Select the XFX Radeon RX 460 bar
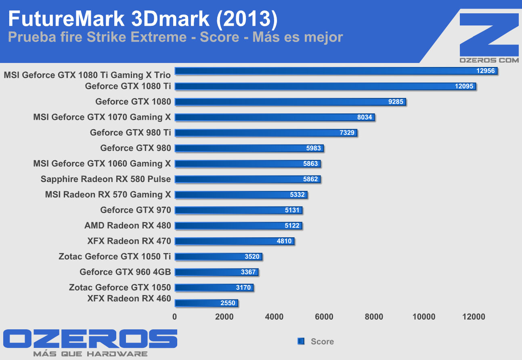point(206,303)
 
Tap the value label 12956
point(486,71)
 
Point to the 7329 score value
point(347,133)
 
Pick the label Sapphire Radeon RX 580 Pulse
point(106,179)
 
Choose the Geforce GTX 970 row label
point(136,210)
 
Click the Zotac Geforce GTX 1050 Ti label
point(115,256)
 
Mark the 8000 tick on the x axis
point(373,317)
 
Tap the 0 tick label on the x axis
point(174,317)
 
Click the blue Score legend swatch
point(301,341)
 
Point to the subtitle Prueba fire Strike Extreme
point(97,38)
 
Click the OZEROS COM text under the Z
point(489,60)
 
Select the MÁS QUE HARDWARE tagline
point(90,354)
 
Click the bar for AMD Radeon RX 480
point(238,226)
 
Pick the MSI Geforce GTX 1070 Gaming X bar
point(275,117)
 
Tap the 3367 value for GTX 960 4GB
point(248,272)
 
